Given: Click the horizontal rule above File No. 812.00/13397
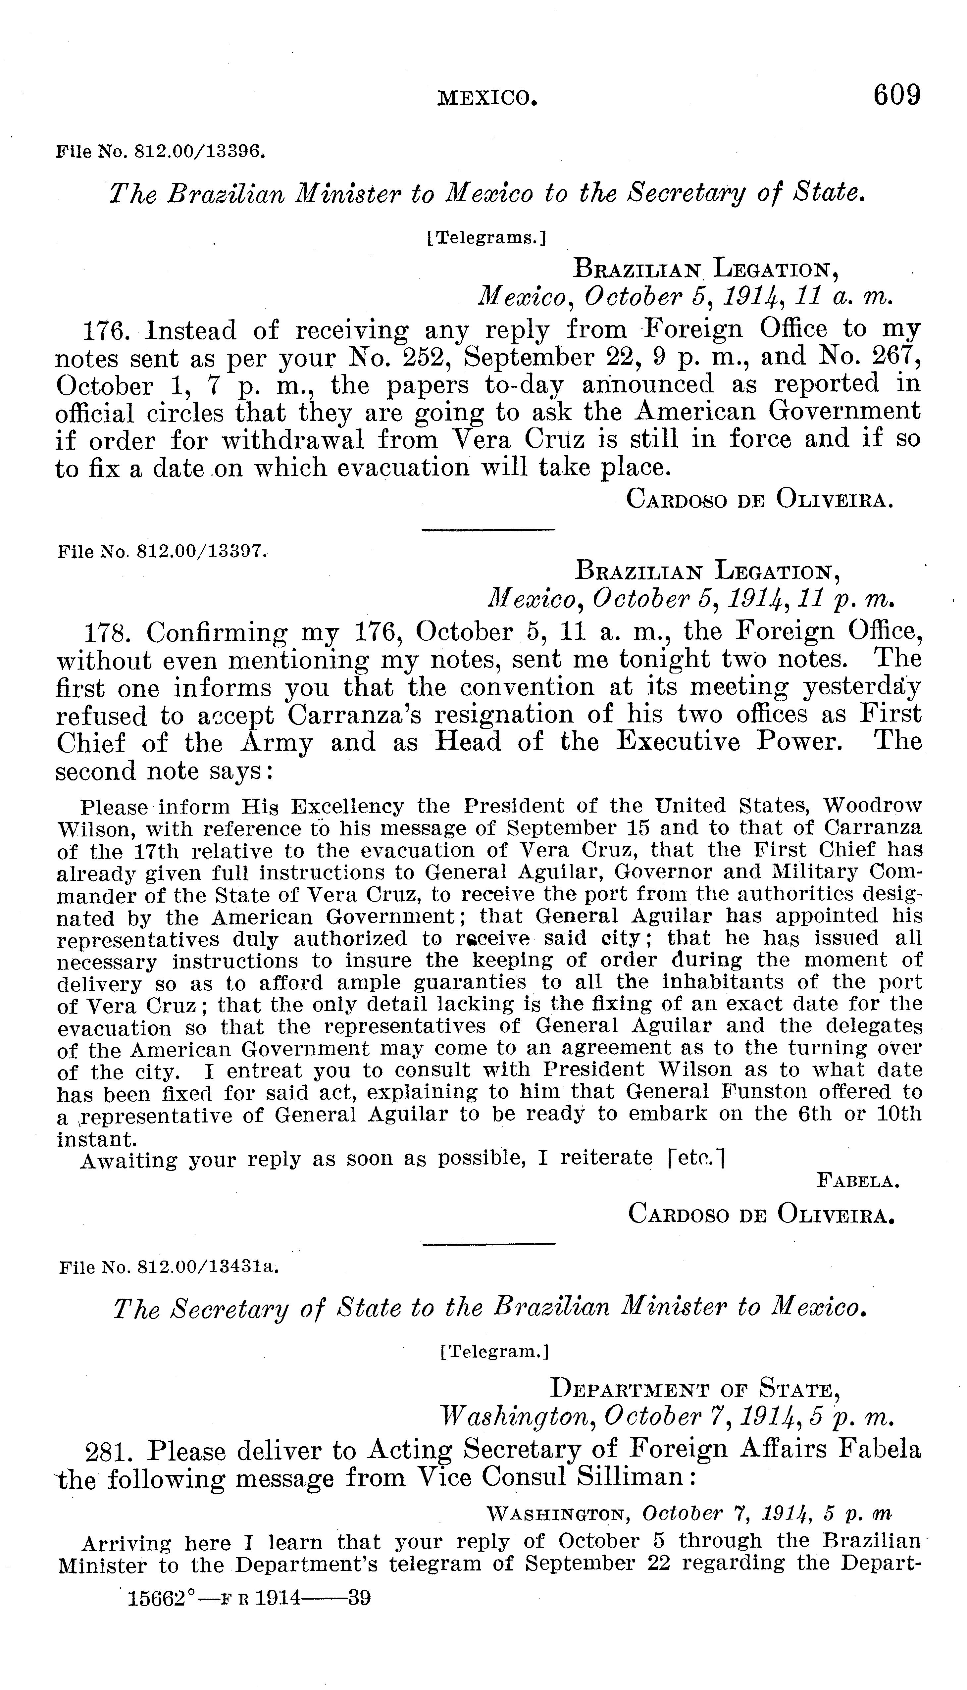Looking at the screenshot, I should [488, 529].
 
